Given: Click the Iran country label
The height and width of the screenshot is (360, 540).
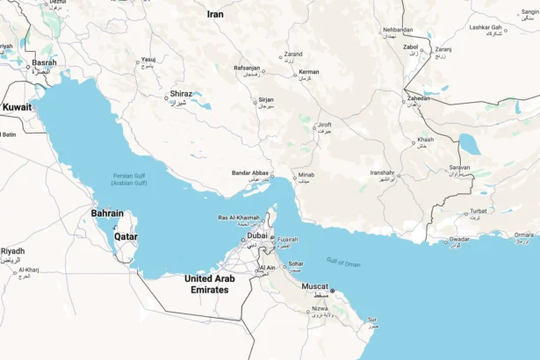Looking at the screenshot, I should click(215, 14).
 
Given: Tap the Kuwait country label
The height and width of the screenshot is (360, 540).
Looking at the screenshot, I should click(16, 107).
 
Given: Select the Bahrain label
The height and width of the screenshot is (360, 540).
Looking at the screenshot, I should click(107, 213).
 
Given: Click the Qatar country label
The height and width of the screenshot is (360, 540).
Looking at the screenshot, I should click(126, 236).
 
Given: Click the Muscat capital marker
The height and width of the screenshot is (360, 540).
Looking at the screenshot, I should click(332, 291).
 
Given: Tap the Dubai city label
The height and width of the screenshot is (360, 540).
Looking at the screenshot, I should click(256, 235).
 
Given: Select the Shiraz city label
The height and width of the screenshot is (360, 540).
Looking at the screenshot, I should click(181, 94).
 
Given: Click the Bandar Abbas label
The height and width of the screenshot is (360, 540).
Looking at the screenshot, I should click(249, 173).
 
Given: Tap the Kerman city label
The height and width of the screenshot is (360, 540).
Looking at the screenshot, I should click(308, 71).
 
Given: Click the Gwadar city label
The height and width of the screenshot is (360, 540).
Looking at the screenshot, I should click(459, 239).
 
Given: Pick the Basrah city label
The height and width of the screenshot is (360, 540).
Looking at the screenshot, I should click(44, 63).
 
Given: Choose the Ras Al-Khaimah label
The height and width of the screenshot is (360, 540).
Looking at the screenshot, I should click(238, 217).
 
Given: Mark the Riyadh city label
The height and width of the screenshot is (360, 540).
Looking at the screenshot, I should click(12, 251).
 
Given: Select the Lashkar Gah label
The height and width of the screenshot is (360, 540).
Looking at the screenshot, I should click(485, 27).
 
